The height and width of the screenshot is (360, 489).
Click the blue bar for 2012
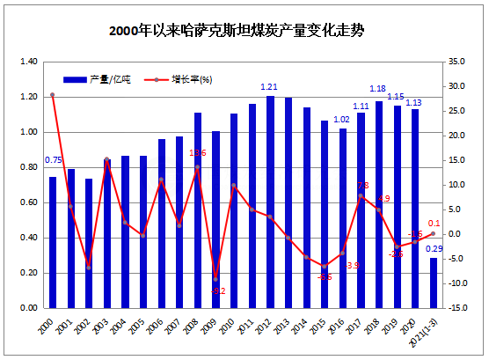[x=270, y=202]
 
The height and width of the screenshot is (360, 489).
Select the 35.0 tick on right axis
[x=456, y=62]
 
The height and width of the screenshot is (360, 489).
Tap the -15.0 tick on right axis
[x=456, y=308]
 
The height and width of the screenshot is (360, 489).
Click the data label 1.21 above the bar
[x=270, y=86]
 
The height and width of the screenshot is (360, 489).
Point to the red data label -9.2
[x=219, y=290]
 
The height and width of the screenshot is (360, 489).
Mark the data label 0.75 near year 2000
[x=53, y=160]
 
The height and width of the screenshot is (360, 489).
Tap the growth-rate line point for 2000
[x=53, y=95]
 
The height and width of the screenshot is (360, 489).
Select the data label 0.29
[x=434, y=249]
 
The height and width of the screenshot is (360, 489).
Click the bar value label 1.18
[x=378, y=88]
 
